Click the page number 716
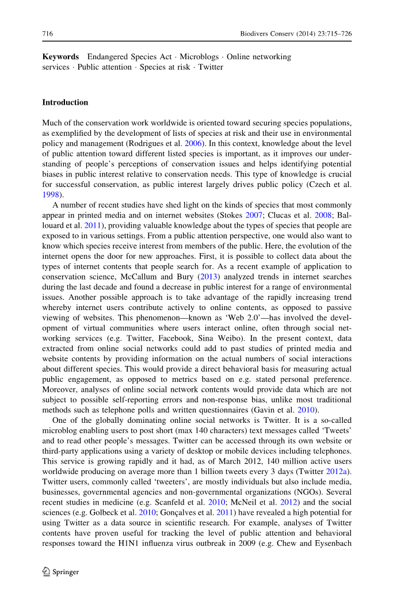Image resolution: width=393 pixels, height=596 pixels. point(48,34)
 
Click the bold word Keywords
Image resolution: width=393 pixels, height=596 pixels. point(60,57)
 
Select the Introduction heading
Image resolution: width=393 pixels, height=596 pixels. point(65,102)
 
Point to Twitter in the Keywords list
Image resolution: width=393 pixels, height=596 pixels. point(211,67)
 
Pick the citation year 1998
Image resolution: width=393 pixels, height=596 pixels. point(51,195)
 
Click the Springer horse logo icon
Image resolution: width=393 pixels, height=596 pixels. point(47,571)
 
